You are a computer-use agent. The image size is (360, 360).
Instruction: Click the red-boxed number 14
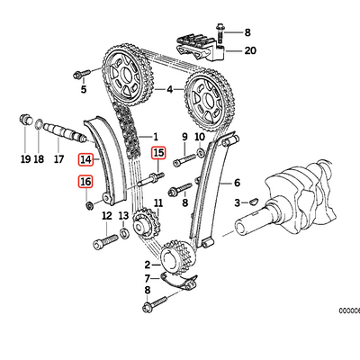click(x=85, y=160)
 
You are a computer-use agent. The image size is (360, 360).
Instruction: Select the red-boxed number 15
click(x=158, y=153)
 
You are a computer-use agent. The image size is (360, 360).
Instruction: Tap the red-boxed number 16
click(x=85, y=182)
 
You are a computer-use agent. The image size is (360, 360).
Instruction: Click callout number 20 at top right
click(x=249, y=51)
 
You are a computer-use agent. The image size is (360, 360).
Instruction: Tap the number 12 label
click(x=106, y=216)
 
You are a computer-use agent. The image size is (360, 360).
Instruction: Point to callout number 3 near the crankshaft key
click(x=237, y=205)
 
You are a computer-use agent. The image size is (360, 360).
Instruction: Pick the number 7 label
click(x=147, y=278)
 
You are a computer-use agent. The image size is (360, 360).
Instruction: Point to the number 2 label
click(x=147, y=265)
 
